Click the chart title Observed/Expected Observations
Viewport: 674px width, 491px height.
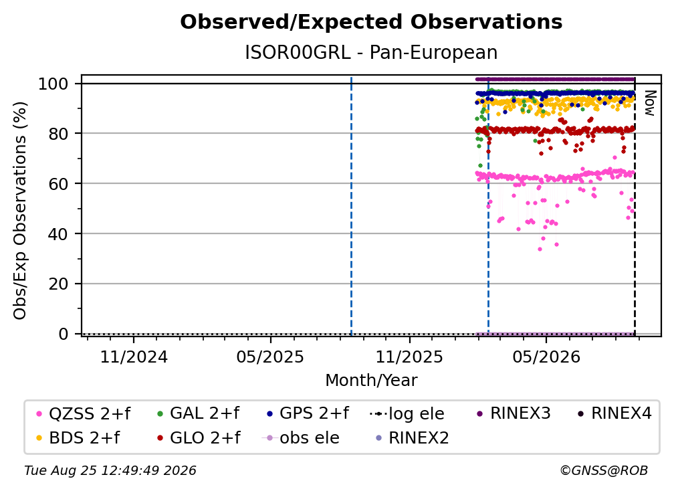[371, 22]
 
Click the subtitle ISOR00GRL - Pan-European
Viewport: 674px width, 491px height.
[371, 52]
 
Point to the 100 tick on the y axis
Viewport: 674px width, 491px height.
[53, 84]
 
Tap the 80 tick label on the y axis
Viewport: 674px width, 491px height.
[58, 134]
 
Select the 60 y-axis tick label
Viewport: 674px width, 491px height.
[58, 183]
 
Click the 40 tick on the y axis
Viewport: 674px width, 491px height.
[58, 234]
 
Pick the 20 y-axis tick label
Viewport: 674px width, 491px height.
[58, 284]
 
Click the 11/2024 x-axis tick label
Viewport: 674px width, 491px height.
[134, 357]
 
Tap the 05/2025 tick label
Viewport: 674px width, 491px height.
[270, 357]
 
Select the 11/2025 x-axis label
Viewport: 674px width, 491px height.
[409, 357]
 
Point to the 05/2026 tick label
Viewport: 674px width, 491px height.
[546, 357]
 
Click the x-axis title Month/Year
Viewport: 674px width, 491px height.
[371, 381]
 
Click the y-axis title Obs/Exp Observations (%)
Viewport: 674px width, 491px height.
[20, 211]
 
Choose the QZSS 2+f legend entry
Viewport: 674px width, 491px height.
[84, 413]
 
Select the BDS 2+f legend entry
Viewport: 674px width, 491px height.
[78, 437]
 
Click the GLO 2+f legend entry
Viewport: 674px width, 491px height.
[199, 437]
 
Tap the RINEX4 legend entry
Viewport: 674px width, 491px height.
[614, 413]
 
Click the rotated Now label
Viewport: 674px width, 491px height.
[649, 103]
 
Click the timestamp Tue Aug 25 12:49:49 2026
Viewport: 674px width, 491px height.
[110, 471]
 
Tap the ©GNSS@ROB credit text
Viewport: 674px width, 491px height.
[604, 471]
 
